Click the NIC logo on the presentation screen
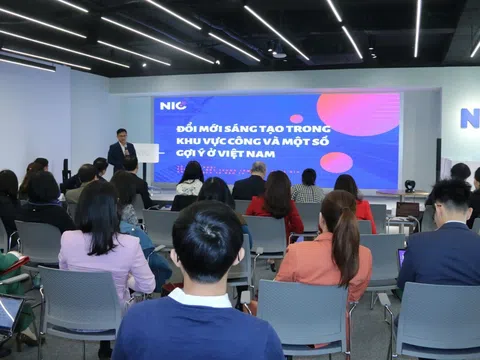click(173, 105)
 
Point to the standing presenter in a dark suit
click(121, 149)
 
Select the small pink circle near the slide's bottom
click(336, 162)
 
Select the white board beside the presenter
click(148, 152)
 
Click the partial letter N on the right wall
click(469, 118)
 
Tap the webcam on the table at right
click(409, 185)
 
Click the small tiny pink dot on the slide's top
click(296, 118)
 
